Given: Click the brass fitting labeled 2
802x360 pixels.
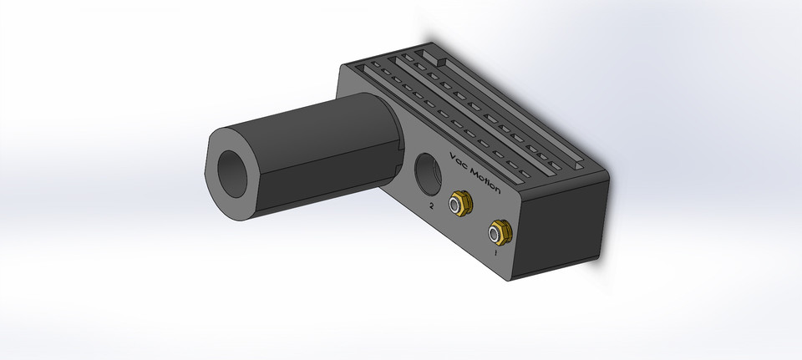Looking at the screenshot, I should pyautogui.click(x=459, y=202).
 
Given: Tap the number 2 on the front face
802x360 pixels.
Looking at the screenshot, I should pyautogui.click(x=431, y=205).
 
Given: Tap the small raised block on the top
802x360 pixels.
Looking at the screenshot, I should pyautogui.click(x=436, y=59).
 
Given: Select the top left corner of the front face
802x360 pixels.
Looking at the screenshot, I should pyautogui.click(x=342, y=67).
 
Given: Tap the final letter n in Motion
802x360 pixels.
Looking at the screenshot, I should pyautogui.click(x=498, y=190).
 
